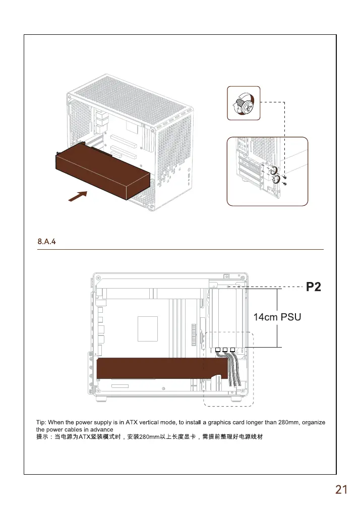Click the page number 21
click(x=341, y=489)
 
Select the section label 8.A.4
click(x=47, y=242)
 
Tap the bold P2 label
click(x=314, y=288)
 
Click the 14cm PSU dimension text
click(x=276, y=317)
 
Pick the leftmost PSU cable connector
click(x=218, y=350)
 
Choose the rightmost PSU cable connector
click(x=232, y=350)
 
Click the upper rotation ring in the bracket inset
click(x=274, y=171)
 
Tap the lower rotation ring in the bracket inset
click(x=277, y=180)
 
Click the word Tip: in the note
click(x=41, y=421)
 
